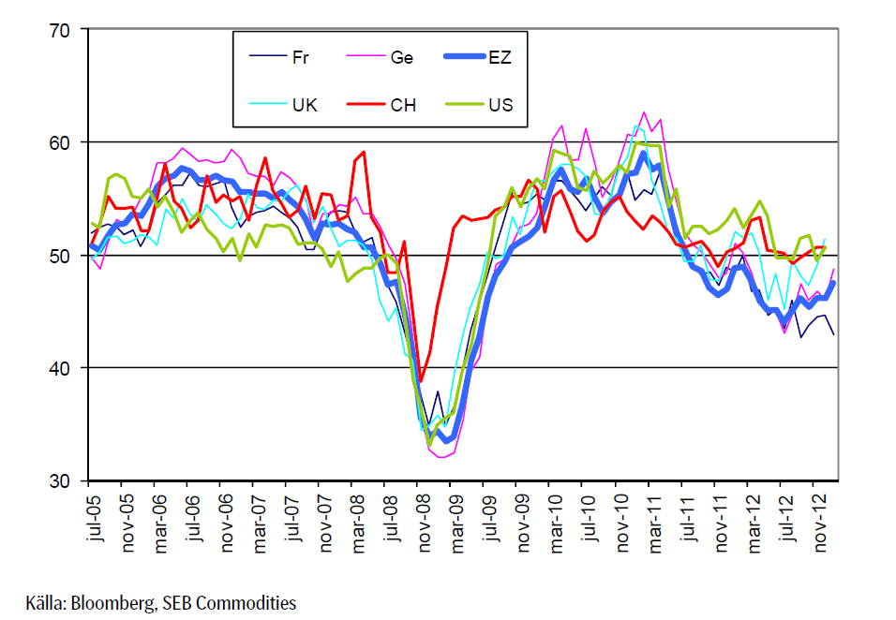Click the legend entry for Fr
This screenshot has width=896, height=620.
(x=300, y=58)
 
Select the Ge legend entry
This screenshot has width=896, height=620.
(x=401, y=58)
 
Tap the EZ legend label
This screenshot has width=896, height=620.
(x=500, y=58)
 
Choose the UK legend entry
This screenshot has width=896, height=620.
(x=305, y=105)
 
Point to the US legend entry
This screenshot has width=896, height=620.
(x=500, y=105)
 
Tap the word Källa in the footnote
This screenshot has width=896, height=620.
(x=43, y=603)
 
